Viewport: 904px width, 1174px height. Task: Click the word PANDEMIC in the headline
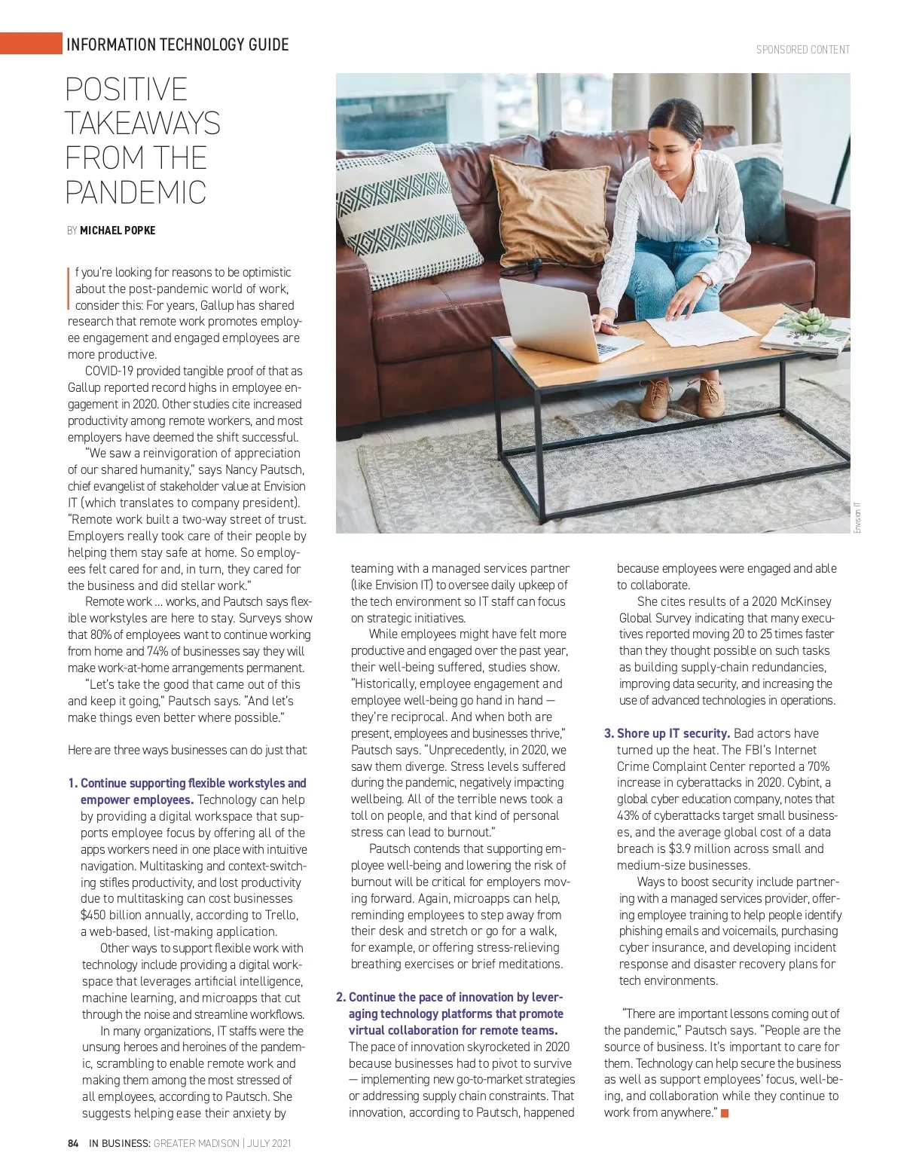(136, 192)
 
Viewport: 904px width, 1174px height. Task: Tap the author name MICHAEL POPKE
(118, 231)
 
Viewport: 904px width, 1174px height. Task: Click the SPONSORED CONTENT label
(803, 50)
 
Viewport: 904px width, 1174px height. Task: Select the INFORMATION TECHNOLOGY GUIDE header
(178, 44)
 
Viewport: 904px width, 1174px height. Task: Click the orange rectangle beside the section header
(31, 44)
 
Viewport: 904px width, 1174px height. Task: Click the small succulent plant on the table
(808, 321)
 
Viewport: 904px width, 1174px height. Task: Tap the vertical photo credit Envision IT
(857, 518)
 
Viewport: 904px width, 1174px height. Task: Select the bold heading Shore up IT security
(673, 733)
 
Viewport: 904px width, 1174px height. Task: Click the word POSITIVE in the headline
(127, 90)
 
